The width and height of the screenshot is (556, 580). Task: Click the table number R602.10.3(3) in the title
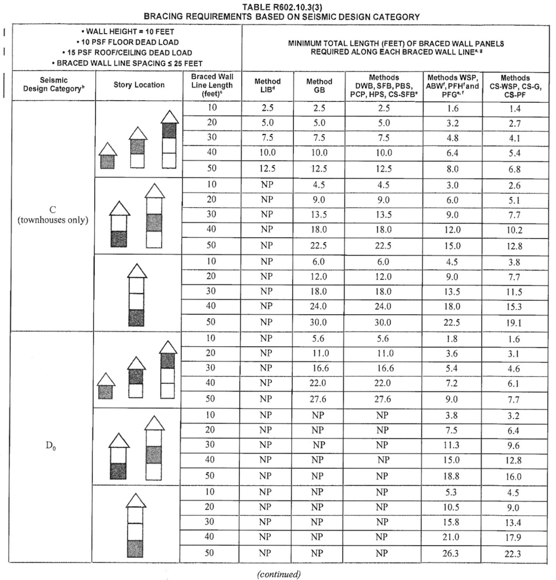tap(300, 7)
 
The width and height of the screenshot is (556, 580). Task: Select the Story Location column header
tap(138, 85)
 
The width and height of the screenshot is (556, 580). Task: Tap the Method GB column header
tap(320, 86)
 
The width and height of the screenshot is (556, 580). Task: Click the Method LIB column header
tap(267, 86)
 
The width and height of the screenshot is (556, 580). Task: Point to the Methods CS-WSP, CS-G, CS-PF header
tap(515, 86)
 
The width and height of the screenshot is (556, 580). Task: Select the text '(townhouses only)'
tap(52, 221)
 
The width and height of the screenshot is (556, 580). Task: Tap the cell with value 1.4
tap(515, 109)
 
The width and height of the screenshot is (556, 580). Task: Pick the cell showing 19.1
tap(515, 322)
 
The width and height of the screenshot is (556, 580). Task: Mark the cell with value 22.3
tap(515, 553)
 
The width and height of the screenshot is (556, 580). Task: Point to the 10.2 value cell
tap(515, 230)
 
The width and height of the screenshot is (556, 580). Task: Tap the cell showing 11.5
tap(515, 292)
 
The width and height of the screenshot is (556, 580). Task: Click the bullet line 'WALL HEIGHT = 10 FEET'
tap(125, 31)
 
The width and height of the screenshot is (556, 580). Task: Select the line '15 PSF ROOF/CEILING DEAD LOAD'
tap(125, 52)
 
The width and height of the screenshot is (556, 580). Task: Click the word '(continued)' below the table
tap(279, 574)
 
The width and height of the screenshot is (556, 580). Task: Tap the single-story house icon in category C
tap(107, 156)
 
